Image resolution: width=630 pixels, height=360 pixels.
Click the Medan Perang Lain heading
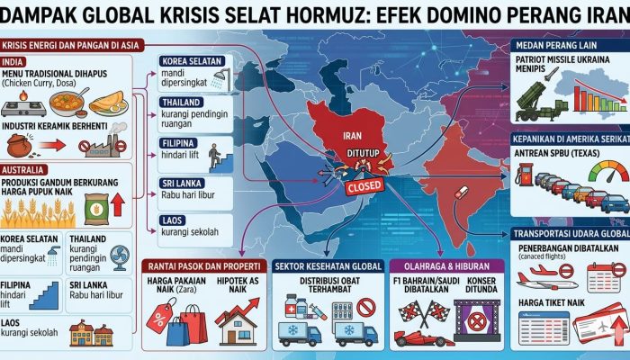point(560,47)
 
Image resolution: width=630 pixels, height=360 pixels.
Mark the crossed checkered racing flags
point(417,310)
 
